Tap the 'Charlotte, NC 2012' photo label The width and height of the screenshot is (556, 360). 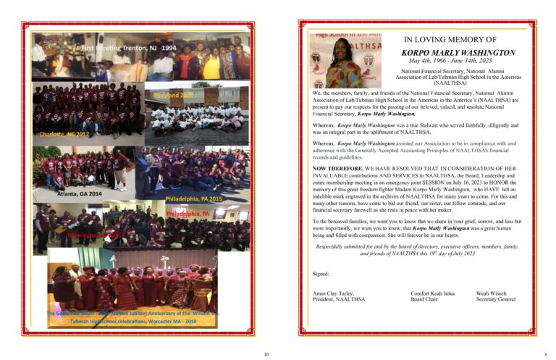point(65,134)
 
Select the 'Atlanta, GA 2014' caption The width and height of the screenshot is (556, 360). point(80,194)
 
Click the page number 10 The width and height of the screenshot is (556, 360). point(266,353)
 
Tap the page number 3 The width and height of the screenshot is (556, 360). point(545,353)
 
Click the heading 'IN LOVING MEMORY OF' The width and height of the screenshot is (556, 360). point(450,40)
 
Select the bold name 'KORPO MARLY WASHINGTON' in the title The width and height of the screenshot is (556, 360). point(458,52)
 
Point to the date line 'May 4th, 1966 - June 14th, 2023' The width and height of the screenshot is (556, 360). point(450,62)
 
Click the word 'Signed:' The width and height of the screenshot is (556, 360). point(321,274)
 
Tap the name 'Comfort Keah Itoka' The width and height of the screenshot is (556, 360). point(434,293)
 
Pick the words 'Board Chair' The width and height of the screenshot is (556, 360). point(425,299)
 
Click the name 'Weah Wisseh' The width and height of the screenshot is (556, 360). point(492,293)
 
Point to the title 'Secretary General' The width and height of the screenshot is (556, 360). point(496,299)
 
